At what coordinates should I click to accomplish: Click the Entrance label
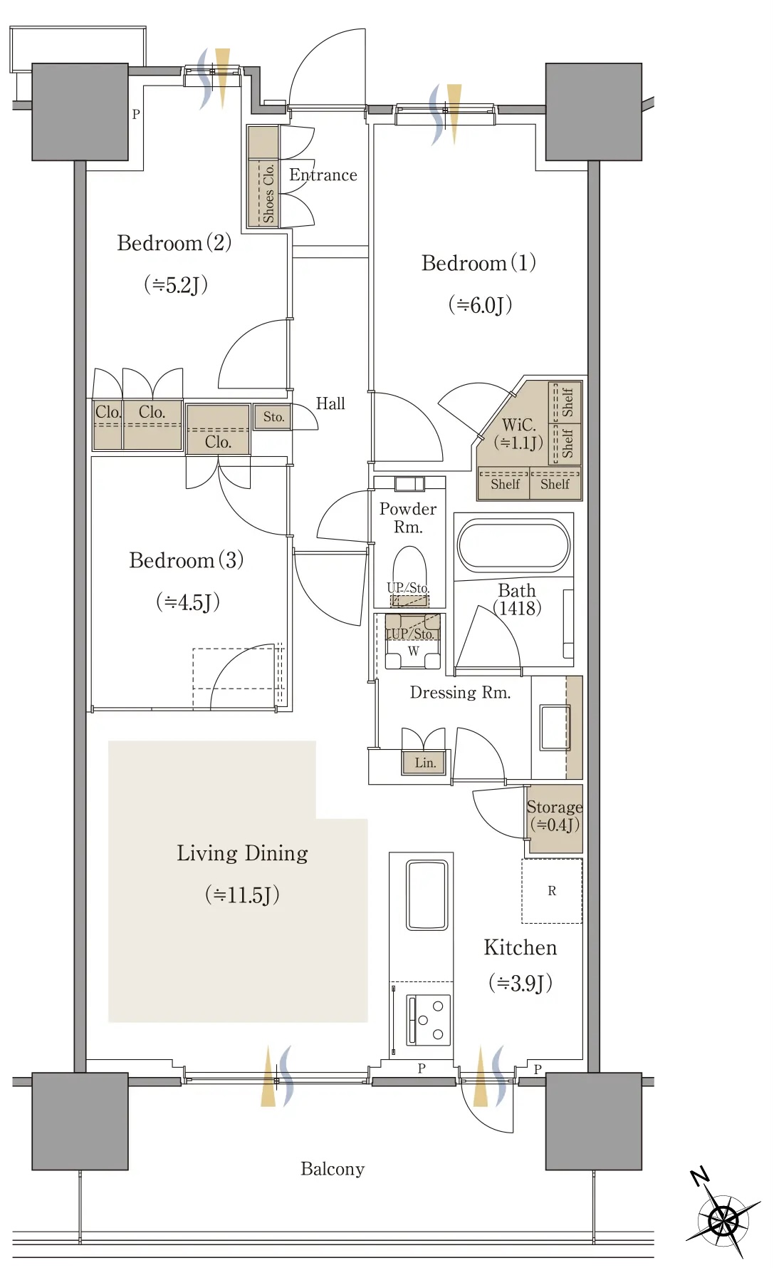(x=323, y=175)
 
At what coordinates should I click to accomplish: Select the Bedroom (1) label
(x=478, y=263)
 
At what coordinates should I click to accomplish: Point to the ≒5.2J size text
(x=176, y=285)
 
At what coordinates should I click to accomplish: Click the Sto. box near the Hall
(x=273, y=417)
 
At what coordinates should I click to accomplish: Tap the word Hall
(x=330, y=403)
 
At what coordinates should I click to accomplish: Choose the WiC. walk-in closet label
(x=519, y=425)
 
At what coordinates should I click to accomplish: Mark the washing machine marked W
(x=413, y=641)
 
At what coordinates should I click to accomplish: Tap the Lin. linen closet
(x=425, y=763)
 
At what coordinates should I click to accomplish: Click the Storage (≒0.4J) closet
(x=555, y=818)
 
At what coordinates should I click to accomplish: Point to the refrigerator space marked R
(x=552, y=891)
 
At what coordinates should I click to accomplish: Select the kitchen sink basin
(x=427, y=895)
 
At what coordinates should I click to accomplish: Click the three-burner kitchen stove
(x=429, y=1020)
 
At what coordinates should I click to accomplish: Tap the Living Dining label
(x=242, y=853)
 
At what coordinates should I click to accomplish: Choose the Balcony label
(x=333, y=1169)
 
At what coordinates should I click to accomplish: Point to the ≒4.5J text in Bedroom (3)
(x=188, y=602)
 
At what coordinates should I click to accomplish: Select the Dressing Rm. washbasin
(x=555, y=727)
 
